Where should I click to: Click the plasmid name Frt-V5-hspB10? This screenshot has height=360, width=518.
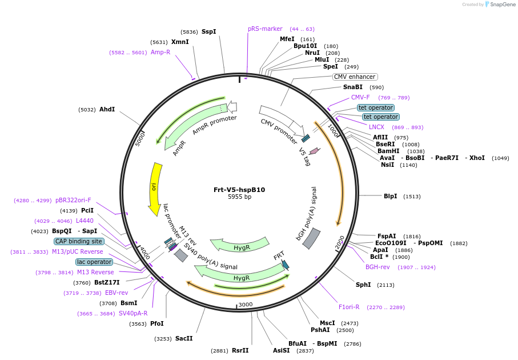pos(239,190)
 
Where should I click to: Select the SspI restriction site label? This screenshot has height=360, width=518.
pos(209,31)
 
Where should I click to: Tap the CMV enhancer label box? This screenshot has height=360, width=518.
pos(355,77)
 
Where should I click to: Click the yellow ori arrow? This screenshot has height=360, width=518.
pos(155,189)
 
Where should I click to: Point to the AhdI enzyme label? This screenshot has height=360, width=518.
pos(107,109)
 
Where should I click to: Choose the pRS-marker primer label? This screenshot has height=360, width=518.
pos(265,29)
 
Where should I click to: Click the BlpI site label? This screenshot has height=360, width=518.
pos(391,196)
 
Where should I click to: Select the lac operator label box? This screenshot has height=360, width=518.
pos(94,262)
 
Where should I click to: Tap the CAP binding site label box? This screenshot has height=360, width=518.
pos(79,241)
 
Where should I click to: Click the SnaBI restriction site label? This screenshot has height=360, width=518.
pos(352,87)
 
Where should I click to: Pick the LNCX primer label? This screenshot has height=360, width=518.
pos(376,127)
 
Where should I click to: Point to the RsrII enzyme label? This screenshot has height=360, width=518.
pos(240,350)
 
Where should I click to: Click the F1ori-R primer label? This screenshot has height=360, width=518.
pos(349,307)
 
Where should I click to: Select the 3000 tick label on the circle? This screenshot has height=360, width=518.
pos(245,305)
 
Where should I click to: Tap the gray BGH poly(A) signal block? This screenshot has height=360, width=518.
pos(311,238)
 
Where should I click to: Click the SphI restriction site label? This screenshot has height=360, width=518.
pos(363,285)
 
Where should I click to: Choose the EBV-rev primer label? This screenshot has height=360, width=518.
pos(117,293)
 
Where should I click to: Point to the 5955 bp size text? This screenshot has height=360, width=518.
pos(239,197)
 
